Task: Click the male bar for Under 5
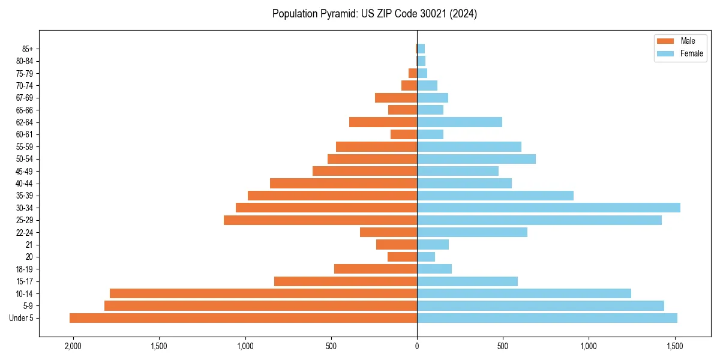tap(243, 318)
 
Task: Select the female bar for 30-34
tap(548, 208)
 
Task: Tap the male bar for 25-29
tap(320, 220)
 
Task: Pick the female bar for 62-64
tap(460, 122)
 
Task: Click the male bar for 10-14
tap(263, 293)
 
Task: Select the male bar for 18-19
tap(376, 269)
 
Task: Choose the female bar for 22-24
tap(472, 232)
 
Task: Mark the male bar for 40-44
tap(343, 184)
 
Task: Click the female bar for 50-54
tap(476, 159)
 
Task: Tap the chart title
tap(374, 14)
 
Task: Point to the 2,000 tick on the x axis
tap(73, 346)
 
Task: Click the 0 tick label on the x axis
tap(417, 346)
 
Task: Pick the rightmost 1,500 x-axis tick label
tap(675, 346)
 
